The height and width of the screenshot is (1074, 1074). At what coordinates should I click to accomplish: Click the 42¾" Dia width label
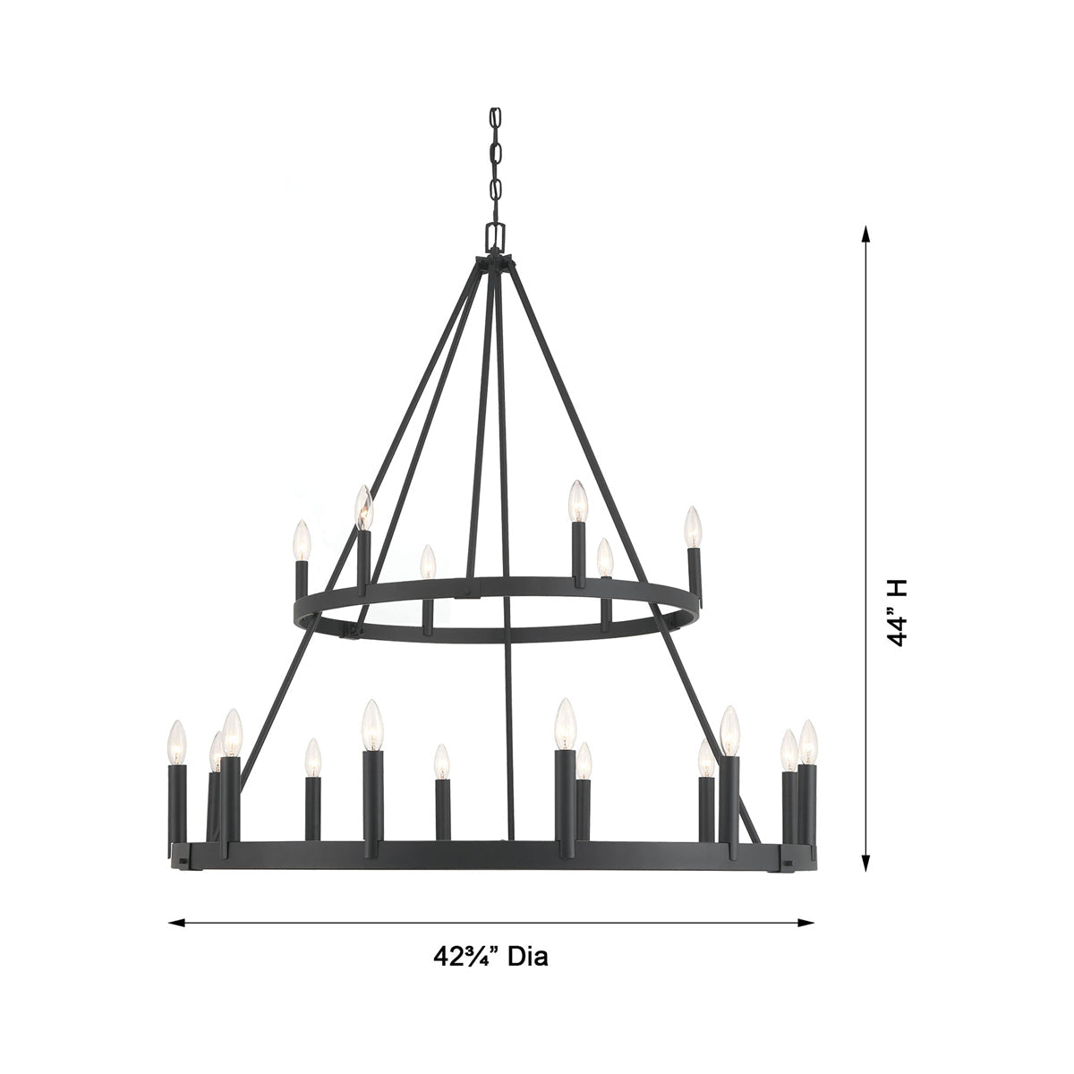coord(490,957)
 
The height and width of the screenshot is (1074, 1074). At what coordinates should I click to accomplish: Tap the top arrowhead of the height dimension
coord(865,234)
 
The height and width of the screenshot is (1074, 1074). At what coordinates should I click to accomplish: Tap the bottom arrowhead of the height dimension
coord(865,862)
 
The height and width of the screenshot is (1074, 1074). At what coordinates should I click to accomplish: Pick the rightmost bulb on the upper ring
coord(692,527)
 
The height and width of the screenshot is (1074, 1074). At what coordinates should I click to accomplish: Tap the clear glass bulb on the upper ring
coord(363,507)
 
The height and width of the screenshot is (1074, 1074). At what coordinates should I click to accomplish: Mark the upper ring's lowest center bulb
coord(428,563)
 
